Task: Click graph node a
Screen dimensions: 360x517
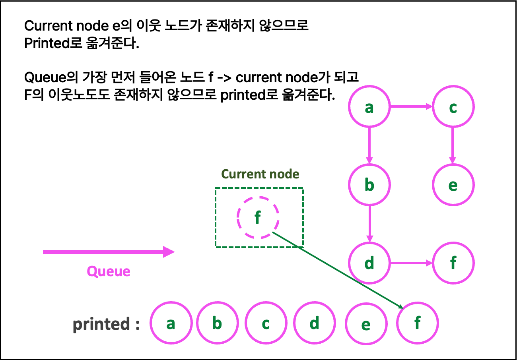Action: (x=369, y=106)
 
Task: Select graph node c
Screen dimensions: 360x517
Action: (x=453, y=106)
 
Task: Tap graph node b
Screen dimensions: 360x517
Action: (x=369, y=185)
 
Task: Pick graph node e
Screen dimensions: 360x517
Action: (x=453, y=185)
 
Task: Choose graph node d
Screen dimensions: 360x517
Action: (x=369, y=263)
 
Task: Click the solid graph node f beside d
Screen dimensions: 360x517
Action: (x=453, y=263)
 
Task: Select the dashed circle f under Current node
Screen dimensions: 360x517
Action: (x=258, y=217)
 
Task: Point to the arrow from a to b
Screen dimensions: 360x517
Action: (x=369, y=145)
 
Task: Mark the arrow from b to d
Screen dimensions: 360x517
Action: (x=369, y=224)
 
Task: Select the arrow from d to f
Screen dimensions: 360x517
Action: (x=411, y=263)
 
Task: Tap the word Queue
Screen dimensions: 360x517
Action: (x=108, y=271)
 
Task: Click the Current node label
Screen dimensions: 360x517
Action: (x=260, y=174)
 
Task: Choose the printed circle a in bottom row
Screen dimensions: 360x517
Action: (x=171, y=323)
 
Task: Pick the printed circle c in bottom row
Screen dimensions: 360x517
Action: (x=266, y=323)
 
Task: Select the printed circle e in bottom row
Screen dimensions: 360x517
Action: (x=366, y=324)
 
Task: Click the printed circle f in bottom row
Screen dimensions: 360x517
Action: (x=417, y=323)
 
